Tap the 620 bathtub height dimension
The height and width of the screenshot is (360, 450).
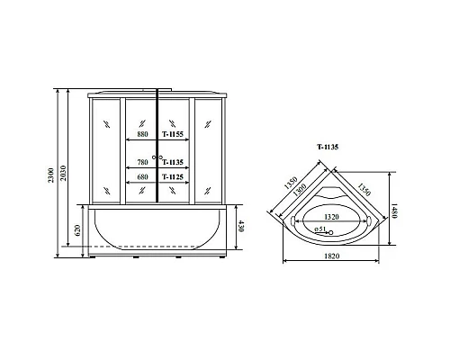pos(79,231)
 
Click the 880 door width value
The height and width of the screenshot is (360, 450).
pos(142,134)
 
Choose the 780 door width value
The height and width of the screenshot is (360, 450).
pos(142,162)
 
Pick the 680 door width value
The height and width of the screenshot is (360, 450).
pos(142,177)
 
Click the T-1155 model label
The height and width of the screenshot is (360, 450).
pos(173,134)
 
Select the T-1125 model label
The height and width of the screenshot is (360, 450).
pos(173,177)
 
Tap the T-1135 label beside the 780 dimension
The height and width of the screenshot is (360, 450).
pos(173,162)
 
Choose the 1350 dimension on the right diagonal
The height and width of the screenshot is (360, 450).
pos(364,189)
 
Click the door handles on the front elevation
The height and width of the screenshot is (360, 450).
pos(158,159)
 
